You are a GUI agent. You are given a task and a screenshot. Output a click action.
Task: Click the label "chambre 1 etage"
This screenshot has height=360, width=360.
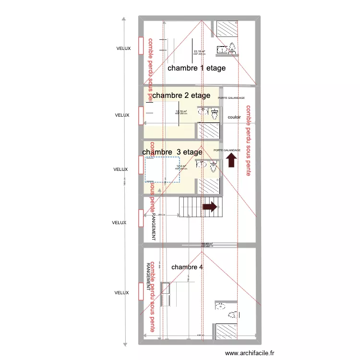coord(196,68)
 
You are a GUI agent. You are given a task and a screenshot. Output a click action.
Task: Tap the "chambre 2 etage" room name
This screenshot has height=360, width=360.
coord(181,96)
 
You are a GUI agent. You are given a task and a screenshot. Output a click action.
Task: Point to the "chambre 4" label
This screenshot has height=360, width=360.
coord(187,267)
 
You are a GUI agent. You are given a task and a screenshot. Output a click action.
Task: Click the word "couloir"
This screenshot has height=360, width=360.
coord(234,117)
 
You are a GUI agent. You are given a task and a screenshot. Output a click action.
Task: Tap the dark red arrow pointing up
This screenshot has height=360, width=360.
coord(232,160)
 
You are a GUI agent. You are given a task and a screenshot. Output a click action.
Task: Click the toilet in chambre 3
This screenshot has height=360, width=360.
coord(213,168)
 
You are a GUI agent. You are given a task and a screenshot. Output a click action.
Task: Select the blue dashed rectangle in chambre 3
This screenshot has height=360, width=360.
coord(162,170)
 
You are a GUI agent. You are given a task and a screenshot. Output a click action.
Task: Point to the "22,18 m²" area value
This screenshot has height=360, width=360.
coord(199,52)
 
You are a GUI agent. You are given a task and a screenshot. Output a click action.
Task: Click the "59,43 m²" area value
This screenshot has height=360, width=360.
coord(207,244)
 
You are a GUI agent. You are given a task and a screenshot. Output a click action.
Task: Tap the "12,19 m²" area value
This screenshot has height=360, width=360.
coord(181,111)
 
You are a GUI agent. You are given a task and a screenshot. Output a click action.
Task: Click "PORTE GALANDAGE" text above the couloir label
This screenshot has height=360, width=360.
coord(231,98)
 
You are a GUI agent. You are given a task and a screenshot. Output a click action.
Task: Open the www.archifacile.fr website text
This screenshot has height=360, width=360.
coord(250,353)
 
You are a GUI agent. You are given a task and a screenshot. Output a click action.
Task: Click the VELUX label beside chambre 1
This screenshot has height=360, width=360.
coord(123,48)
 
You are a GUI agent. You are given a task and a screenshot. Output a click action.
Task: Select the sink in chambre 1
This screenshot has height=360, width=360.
coord(222,49)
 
